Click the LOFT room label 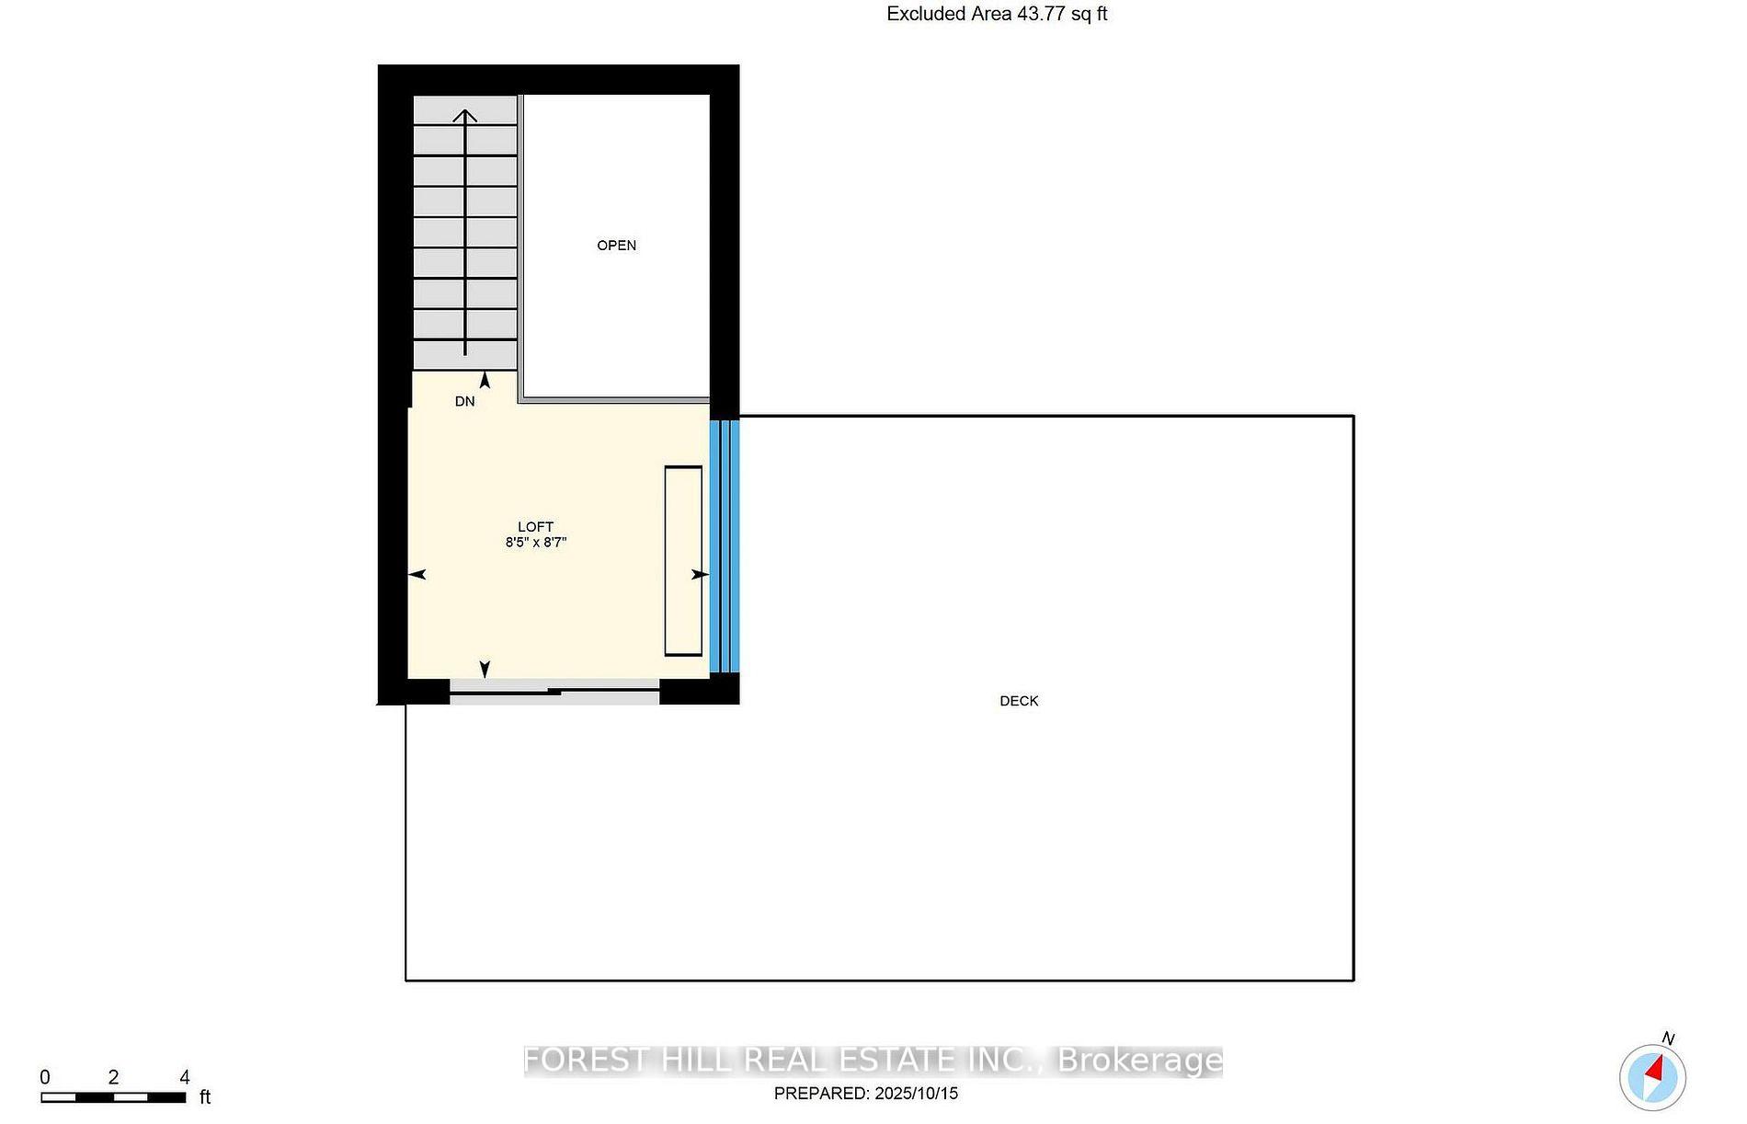coord(535,527)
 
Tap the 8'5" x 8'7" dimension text coord(535,543)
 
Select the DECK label coord(1019,701)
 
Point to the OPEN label coord(616,245)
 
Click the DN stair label coord(464,401)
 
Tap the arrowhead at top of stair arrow coord(465,115)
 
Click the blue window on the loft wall coord(725,546)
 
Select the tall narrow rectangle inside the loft coord(683,561)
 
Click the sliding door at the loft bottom coord(554,692)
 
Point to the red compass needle coord(1656,1070)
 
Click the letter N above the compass coord(1668,1038)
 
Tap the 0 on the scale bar coord(45,1077)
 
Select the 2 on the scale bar coord(113,1077)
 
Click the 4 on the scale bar coord(185,1077)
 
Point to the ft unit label coord(205,1097)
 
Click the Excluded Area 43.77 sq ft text coord(997,14)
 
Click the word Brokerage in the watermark coord(1139,1061)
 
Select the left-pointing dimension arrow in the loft coord(417,575)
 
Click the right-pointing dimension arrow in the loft coord(700,575)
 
